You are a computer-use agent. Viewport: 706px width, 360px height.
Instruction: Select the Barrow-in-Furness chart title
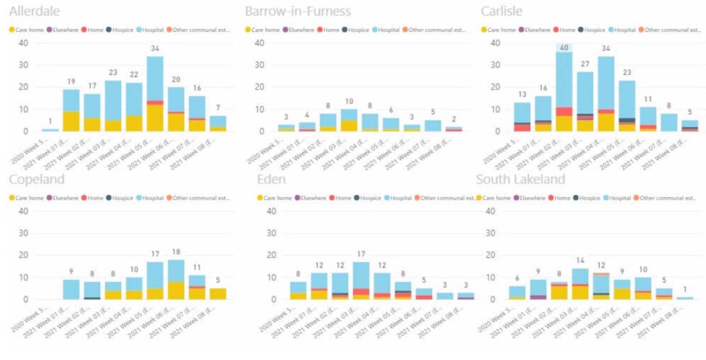(x=298, y=12)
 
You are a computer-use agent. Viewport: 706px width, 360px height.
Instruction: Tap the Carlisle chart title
(x=503, y=12)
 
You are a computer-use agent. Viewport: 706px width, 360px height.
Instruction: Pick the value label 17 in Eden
(x=361, y=254)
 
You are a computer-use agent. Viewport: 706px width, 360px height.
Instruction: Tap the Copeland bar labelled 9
(x=71, y=289)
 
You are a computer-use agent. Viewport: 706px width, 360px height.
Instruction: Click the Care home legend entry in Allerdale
(x=29, y=30)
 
